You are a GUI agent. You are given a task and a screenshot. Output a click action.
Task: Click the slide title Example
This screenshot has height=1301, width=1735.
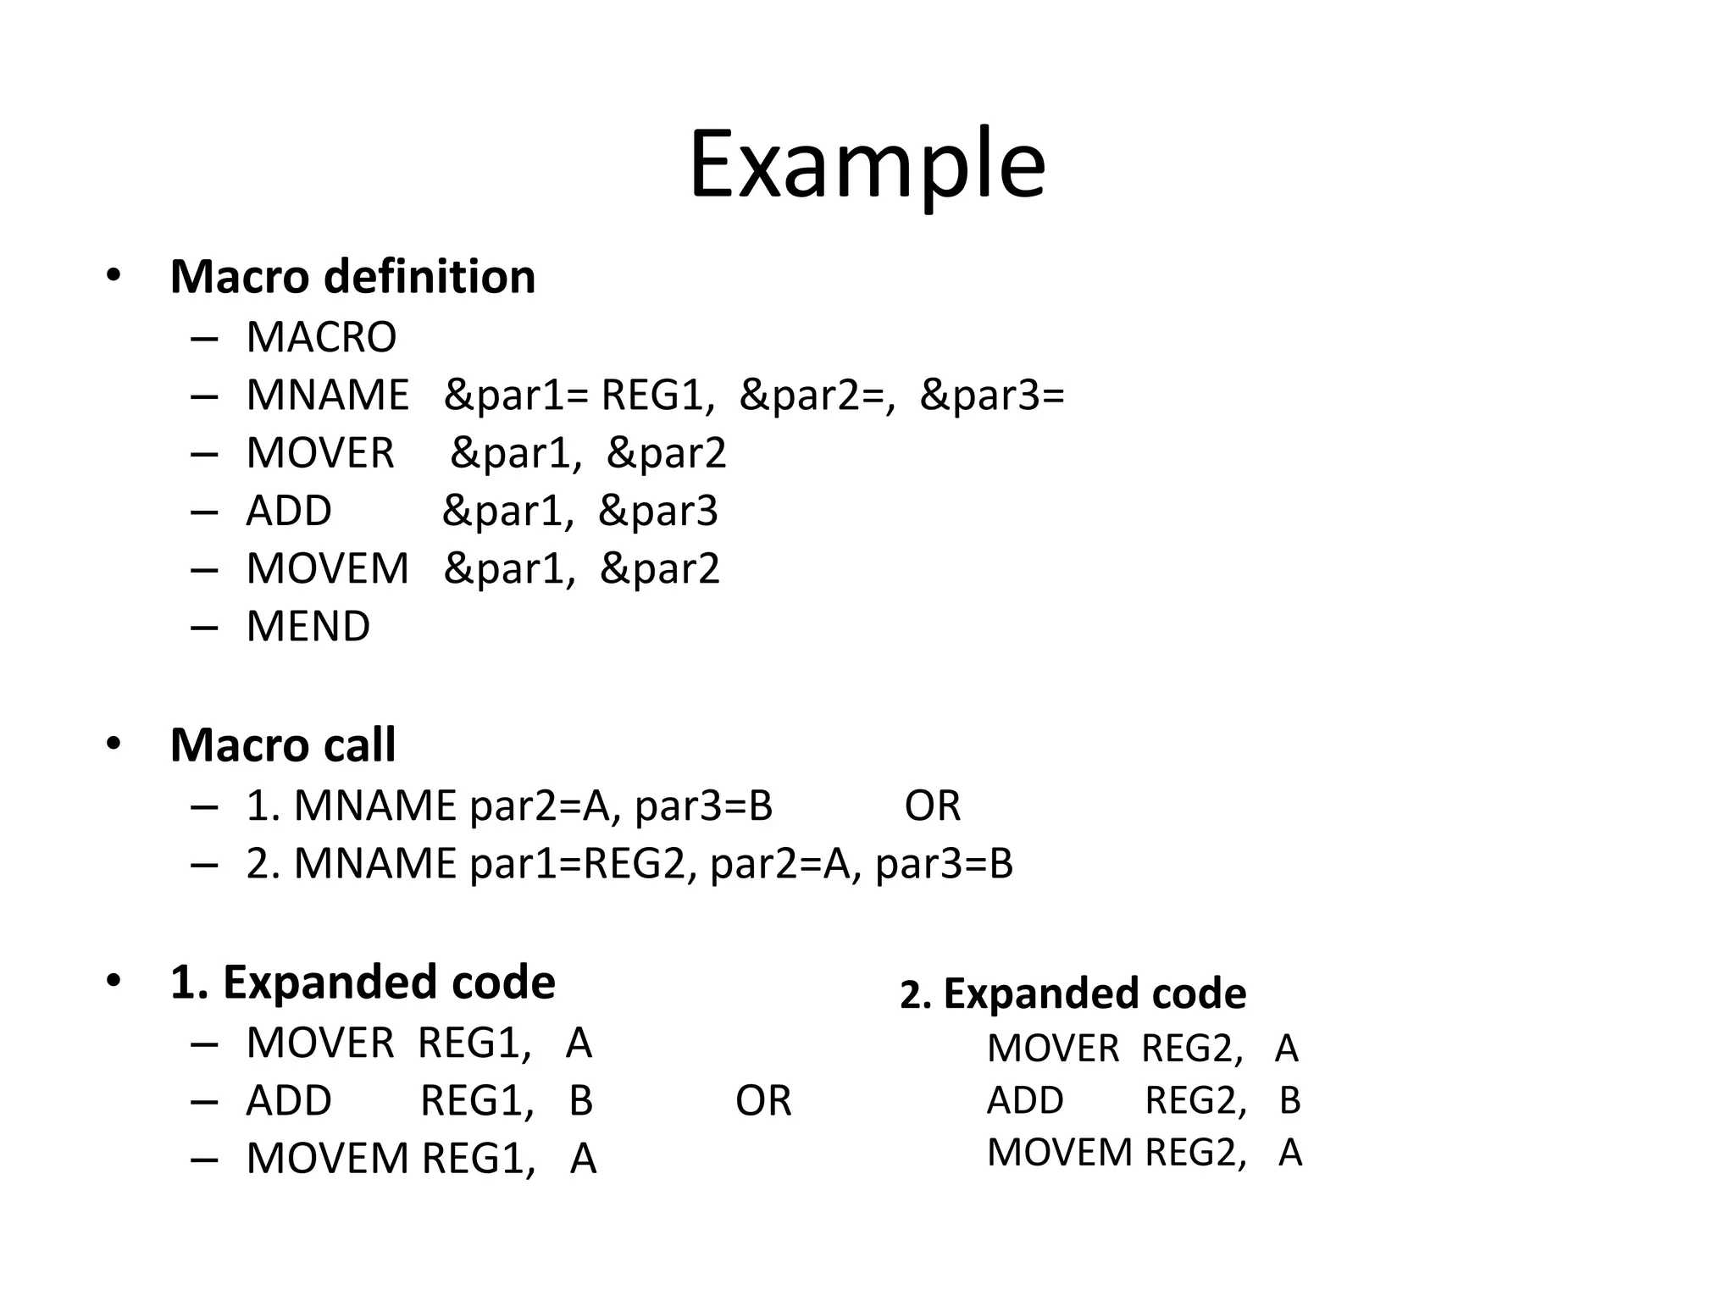867,165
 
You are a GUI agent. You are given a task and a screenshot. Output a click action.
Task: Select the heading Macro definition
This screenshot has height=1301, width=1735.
352,277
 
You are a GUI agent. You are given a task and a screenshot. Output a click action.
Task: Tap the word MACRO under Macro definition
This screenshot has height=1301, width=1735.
321,337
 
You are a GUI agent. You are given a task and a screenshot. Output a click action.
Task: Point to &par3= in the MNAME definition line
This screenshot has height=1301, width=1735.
991,396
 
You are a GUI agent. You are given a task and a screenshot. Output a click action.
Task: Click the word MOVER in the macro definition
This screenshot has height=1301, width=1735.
320,453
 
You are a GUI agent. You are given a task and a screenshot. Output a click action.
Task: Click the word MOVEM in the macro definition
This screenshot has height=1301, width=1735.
327,568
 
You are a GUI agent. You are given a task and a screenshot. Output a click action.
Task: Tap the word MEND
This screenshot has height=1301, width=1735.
308,627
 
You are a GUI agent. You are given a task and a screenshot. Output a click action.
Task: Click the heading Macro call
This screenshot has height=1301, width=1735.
283,745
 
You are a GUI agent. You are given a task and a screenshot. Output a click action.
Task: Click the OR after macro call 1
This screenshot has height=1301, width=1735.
932,806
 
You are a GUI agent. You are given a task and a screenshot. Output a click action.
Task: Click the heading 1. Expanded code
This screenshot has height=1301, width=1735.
363,983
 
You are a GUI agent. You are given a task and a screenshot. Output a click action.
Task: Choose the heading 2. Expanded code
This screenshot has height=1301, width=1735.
1073,994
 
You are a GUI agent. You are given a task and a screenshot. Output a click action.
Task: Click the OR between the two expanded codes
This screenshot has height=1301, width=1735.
763,1101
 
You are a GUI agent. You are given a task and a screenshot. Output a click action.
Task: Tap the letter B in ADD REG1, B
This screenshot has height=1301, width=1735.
580,1101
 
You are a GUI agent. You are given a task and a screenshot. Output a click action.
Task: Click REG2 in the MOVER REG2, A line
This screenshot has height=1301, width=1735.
1192,1049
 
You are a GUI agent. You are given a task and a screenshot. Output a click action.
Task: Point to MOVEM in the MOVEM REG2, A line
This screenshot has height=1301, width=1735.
1059,1153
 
